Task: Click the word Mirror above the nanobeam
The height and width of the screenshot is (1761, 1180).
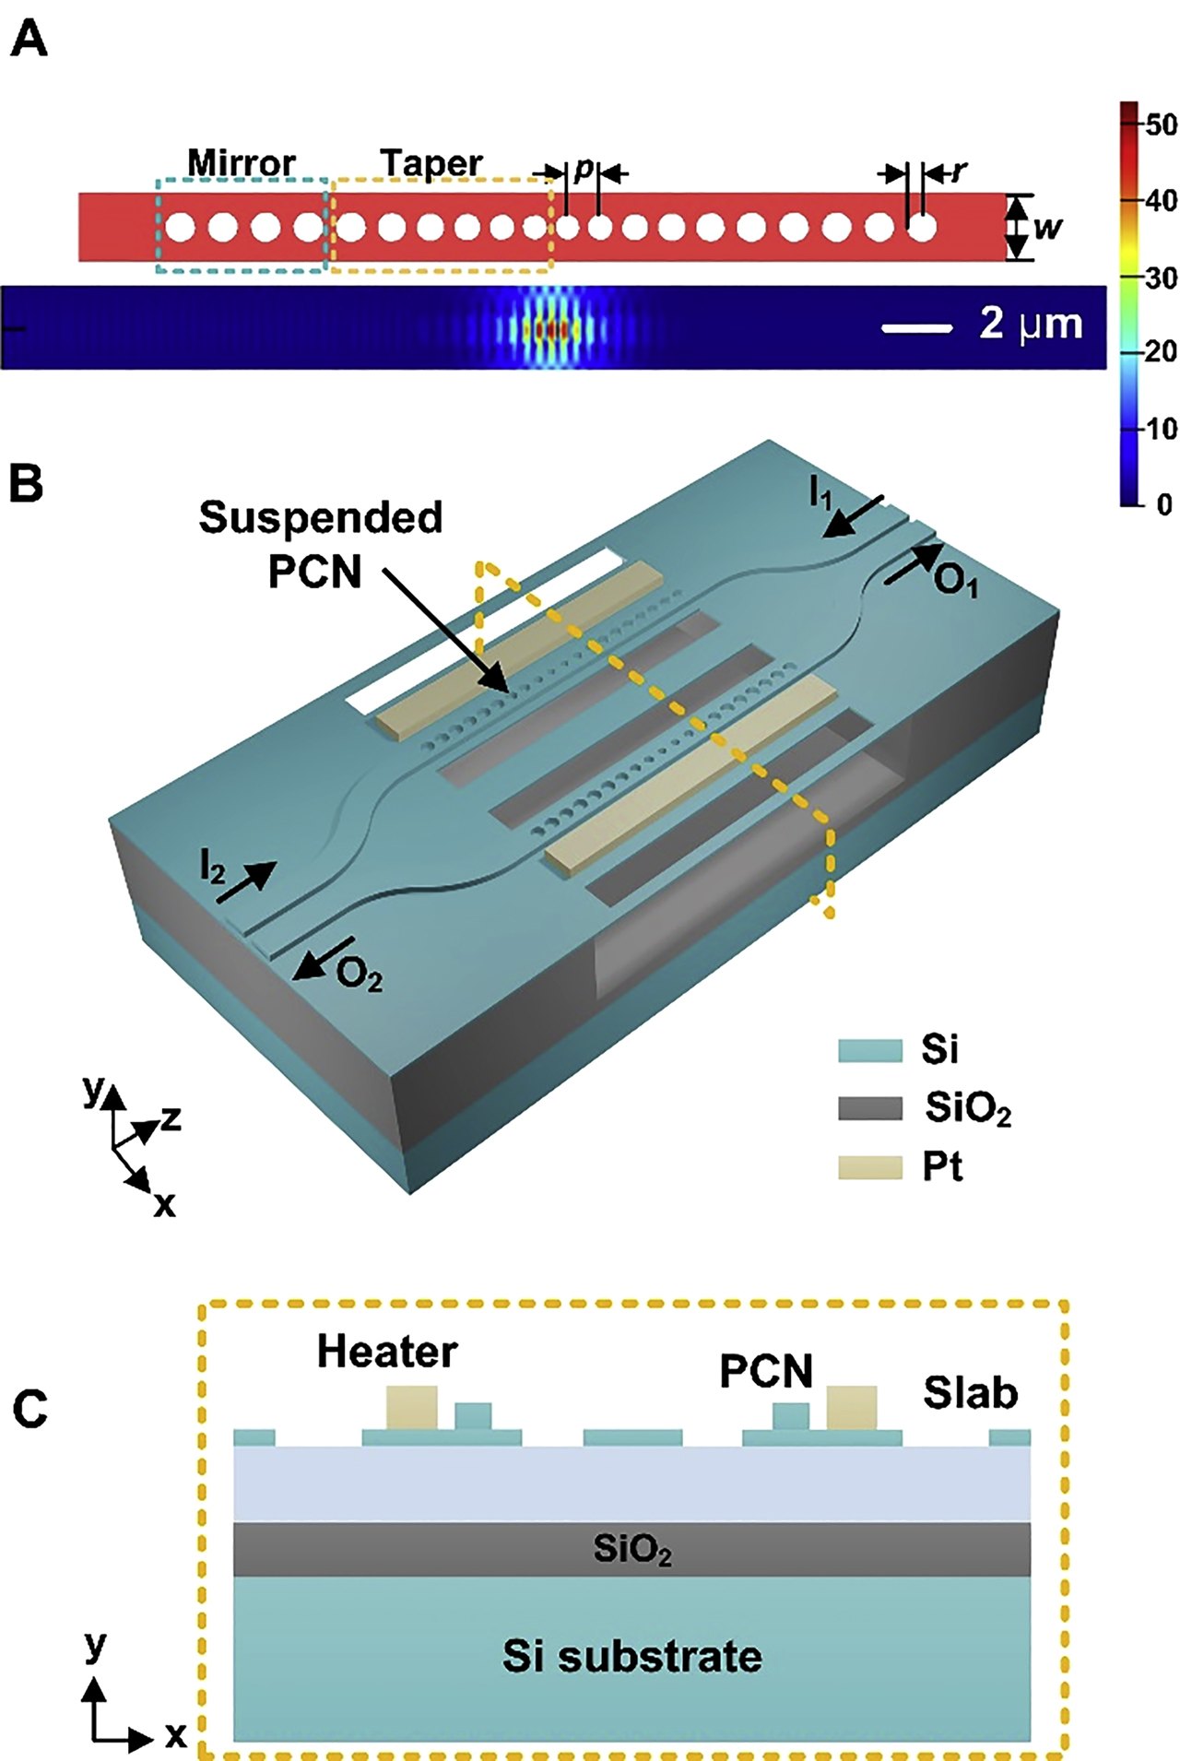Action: [242, 163]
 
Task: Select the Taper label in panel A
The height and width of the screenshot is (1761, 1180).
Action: [431, 163]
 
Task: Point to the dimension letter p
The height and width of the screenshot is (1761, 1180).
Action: [584, 170]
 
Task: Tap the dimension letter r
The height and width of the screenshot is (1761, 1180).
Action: [960, 171]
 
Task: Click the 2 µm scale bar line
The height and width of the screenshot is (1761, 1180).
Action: [916, 327]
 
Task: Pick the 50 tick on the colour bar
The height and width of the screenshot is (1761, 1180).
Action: [1160, 124]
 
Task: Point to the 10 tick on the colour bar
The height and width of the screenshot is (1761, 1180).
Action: [1160, 429]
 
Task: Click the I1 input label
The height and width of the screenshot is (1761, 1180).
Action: [820, 495]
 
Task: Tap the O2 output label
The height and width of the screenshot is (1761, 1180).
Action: [359, 975]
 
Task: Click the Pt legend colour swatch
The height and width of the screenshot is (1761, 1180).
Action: [869, 1167]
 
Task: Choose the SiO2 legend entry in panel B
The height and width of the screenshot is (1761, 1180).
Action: [968, 1108]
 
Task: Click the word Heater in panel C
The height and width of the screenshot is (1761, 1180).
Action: [387, 1352]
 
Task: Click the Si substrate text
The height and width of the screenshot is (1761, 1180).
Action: [631, 1657]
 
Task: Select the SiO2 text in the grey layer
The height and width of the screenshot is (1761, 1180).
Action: [631, 1550]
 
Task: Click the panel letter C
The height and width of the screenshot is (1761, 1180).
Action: [30, 1409]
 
